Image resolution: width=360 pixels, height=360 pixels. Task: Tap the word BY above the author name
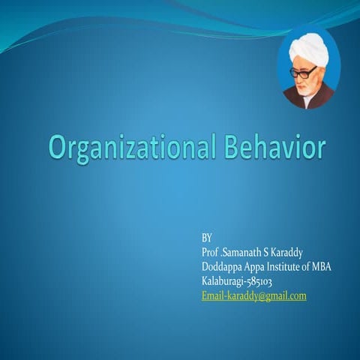[x=208, y=238]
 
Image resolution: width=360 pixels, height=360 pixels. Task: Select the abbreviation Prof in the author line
[x=211, y=252]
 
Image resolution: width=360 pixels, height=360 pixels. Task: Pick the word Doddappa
[x=223, y=267]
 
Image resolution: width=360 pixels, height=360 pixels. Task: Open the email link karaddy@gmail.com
[x=254, y=296]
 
